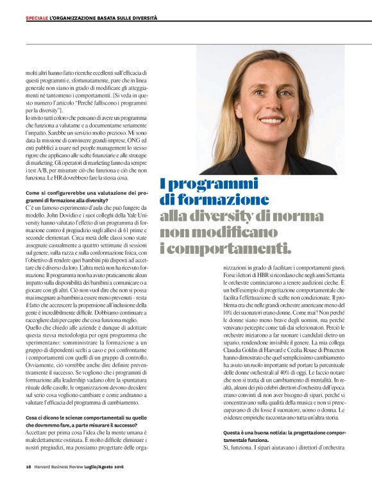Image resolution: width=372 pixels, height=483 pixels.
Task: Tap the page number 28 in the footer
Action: (28, 466)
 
